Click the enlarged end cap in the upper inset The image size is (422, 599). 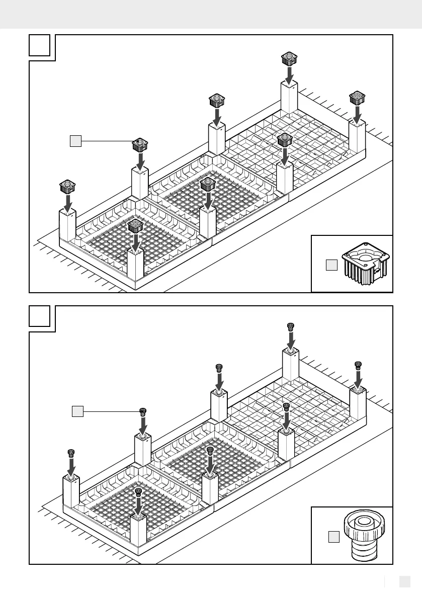point(363,264)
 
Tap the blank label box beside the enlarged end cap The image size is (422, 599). point(330,265)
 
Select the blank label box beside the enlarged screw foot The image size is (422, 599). point(333,538)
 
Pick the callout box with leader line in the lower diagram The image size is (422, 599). point(77,411)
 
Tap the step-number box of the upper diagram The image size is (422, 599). point(39,45)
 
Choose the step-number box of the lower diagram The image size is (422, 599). point(39,316)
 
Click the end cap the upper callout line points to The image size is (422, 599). point(139,146)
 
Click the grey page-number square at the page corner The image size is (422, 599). point(405,581)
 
